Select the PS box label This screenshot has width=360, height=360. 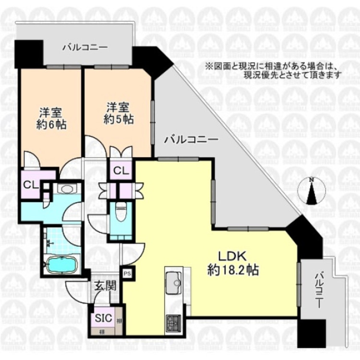click(x=127, y=274)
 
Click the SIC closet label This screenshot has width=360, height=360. click(x=103, y=317)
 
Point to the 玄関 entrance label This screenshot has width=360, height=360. click(x=105, y=287)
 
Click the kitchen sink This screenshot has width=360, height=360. click(x=171, y=281)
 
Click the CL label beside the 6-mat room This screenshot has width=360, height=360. click(x=29, y=185)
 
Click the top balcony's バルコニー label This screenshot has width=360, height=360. click(x=84, y=48)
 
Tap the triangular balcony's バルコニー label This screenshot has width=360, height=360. click(x=192, y=140)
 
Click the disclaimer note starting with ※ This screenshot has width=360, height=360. click(x=273, y=70)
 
